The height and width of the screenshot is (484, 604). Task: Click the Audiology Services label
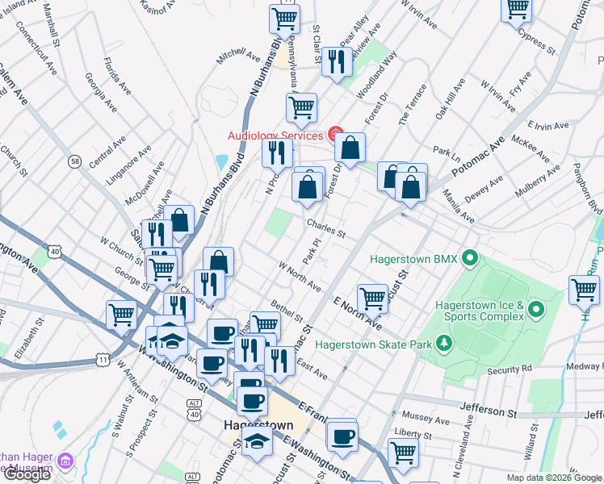(275, 136)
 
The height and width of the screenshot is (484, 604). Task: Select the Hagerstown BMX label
(413, 260)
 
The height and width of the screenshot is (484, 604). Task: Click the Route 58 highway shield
(74, 161)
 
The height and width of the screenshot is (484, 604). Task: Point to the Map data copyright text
(554, 478)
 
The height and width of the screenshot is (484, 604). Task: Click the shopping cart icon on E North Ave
(372, 297)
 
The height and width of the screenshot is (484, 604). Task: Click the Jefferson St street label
(489, 411)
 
